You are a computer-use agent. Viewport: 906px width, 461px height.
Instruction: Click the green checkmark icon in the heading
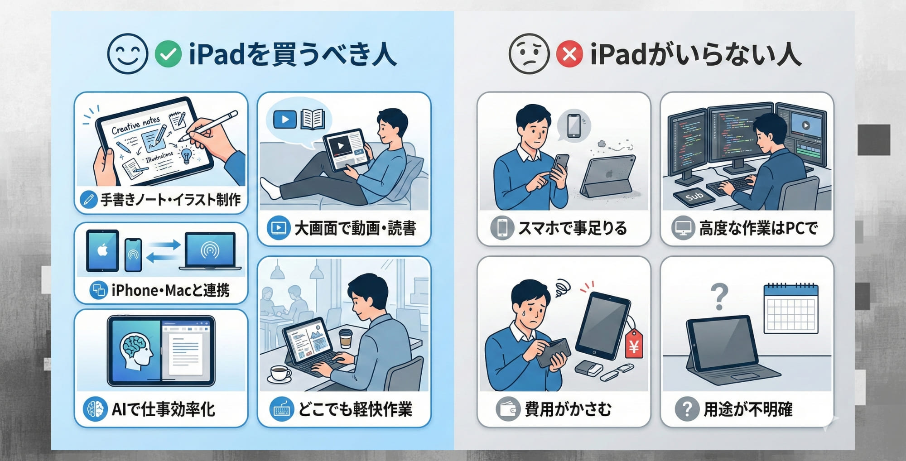tap(168, 54)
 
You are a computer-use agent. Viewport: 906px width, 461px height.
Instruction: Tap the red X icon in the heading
tap(569, 54)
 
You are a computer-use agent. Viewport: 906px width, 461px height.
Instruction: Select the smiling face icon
tap(128, 54)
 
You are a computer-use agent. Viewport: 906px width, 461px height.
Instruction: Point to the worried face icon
tap(529, 54)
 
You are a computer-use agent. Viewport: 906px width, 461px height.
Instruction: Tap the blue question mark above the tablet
tap(719, 297)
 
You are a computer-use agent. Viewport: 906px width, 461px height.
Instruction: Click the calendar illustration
tap(791, 309)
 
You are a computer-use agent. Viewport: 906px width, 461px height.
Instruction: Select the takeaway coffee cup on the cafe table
tap(346, 338)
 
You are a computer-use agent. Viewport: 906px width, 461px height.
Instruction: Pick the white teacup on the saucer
tap(280, 374)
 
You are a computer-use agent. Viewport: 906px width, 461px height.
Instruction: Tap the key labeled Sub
tap(694, 197)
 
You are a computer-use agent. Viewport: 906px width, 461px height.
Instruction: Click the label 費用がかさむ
tap(568, 409)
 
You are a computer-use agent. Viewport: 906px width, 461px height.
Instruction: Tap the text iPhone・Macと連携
tap(170, 290)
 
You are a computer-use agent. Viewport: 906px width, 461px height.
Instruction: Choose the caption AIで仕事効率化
tap(163, 409)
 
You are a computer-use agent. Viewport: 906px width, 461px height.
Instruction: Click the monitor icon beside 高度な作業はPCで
tap(683, 228)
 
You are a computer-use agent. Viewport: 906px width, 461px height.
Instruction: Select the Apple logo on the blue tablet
tap(103, 250)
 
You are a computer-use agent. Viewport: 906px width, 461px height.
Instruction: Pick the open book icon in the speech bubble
tap(313, 120)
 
